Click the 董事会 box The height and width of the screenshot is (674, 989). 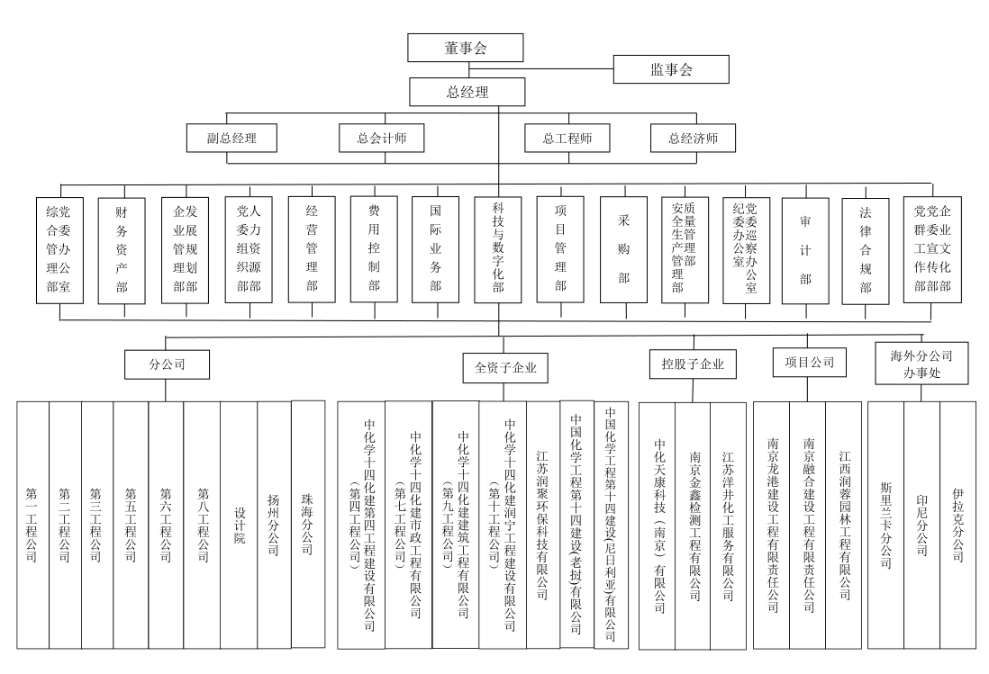[465, 49]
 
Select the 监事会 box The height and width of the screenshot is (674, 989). [670, 68]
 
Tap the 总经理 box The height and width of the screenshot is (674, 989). [465, 91]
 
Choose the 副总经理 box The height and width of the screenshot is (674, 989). [231, 139]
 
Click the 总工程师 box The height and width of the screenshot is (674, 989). [567, 139]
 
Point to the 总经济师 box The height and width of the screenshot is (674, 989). [693, 139]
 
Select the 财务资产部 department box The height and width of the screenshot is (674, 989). [122, 250]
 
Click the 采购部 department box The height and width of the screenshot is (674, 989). [623, 250]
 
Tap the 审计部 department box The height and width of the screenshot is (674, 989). [805, 250]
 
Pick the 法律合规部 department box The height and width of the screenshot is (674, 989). [866, 250]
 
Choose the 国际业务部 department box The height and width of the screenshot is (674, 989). [435, 250]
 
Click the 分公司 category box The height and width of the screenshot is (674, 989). [168, 366]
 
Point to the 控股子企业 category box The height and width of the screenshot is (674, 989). [693, 365]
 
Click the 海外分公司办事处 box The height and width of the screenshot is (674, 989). [914, 363]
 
